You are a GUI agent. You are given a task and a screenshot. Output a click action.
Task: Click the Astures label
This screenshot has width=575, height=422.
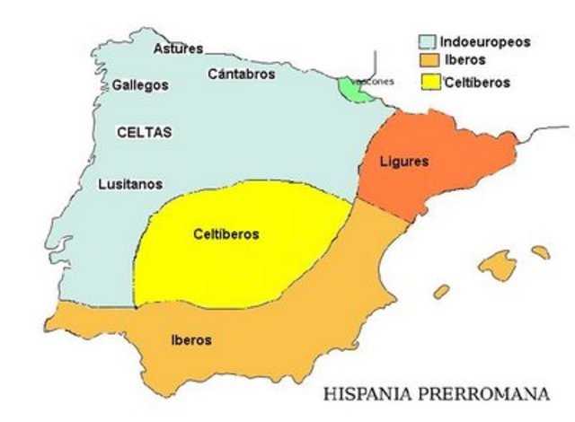(178, 48)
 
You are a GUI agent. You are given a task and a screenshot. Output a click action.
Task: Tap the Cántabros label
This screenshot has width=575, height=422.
(241, 75)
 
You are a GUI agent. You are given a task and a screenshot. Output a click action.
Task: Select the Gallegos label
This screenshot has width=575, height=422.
(140, 85)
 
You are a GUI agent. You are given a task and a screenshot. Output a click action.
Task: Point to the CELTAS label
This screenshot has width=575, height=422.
(144, 132)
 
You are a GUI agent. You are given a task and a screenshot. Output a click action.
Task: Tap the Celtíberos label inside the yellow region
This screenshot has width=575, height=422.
(226, 234)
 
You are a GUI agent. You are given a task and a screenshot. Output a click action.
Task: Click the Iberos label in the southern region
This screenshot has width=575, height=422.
(190, 340)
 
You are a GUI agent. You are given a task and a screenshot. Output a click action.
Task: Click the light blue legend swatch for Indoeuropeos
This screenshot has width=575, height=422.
(427, 42)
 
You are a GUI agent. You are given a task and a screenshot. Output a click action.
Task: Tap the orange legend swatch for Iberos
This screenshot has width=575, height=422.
(427, 61)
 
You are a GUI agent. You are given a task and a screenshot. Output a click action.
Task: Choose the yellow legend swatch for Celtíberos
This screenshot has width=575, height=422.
(427, 82)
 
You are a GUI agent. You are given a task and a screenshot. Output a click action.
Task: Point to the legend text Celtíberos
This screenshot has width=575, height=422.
(478, 82)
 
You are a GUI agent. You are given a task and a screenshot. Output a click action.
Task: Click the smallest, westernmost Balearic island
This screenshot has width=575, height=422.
(441, 292)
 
